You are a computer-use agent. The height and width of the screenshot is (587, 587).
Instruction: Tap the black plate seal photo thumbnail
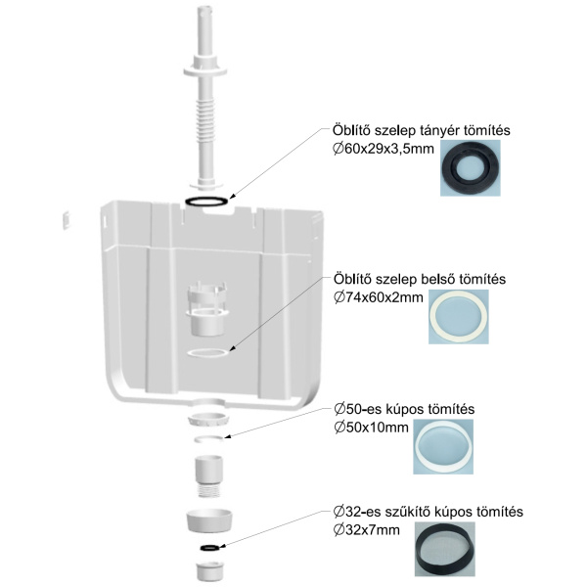pyautogui.click(x=470, y=166)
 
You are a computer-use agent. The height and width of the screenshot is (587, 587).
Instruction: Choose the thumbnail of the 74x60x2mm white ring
pyautogui.click(x=460, y=317)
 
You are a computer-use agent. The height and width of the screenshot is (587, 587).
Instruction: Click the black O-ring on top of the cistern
pyautogui.click(x=208, y=202)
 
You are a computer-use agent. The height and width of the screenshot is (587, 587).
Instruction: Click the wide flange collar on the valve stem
pyautogui.click(x=206, y=70)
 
